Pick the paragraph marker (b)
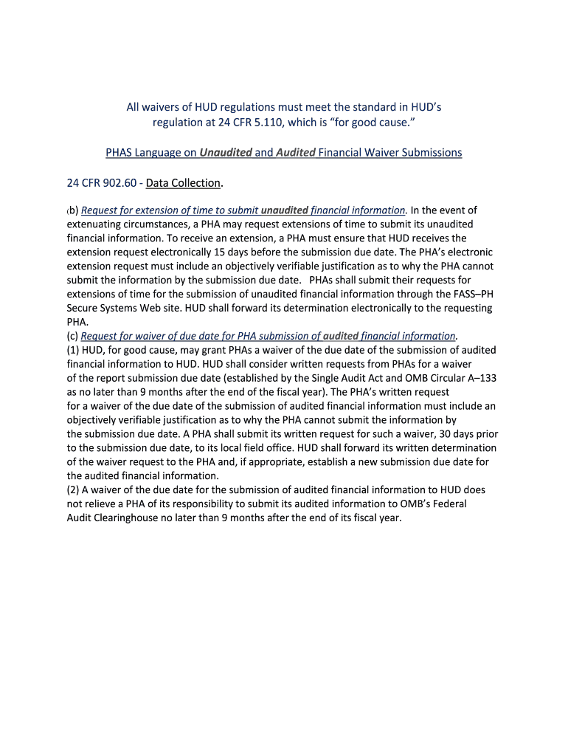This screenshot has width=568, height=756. (72, 211)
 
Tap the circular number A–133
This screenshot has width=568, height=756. (479, 378)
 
